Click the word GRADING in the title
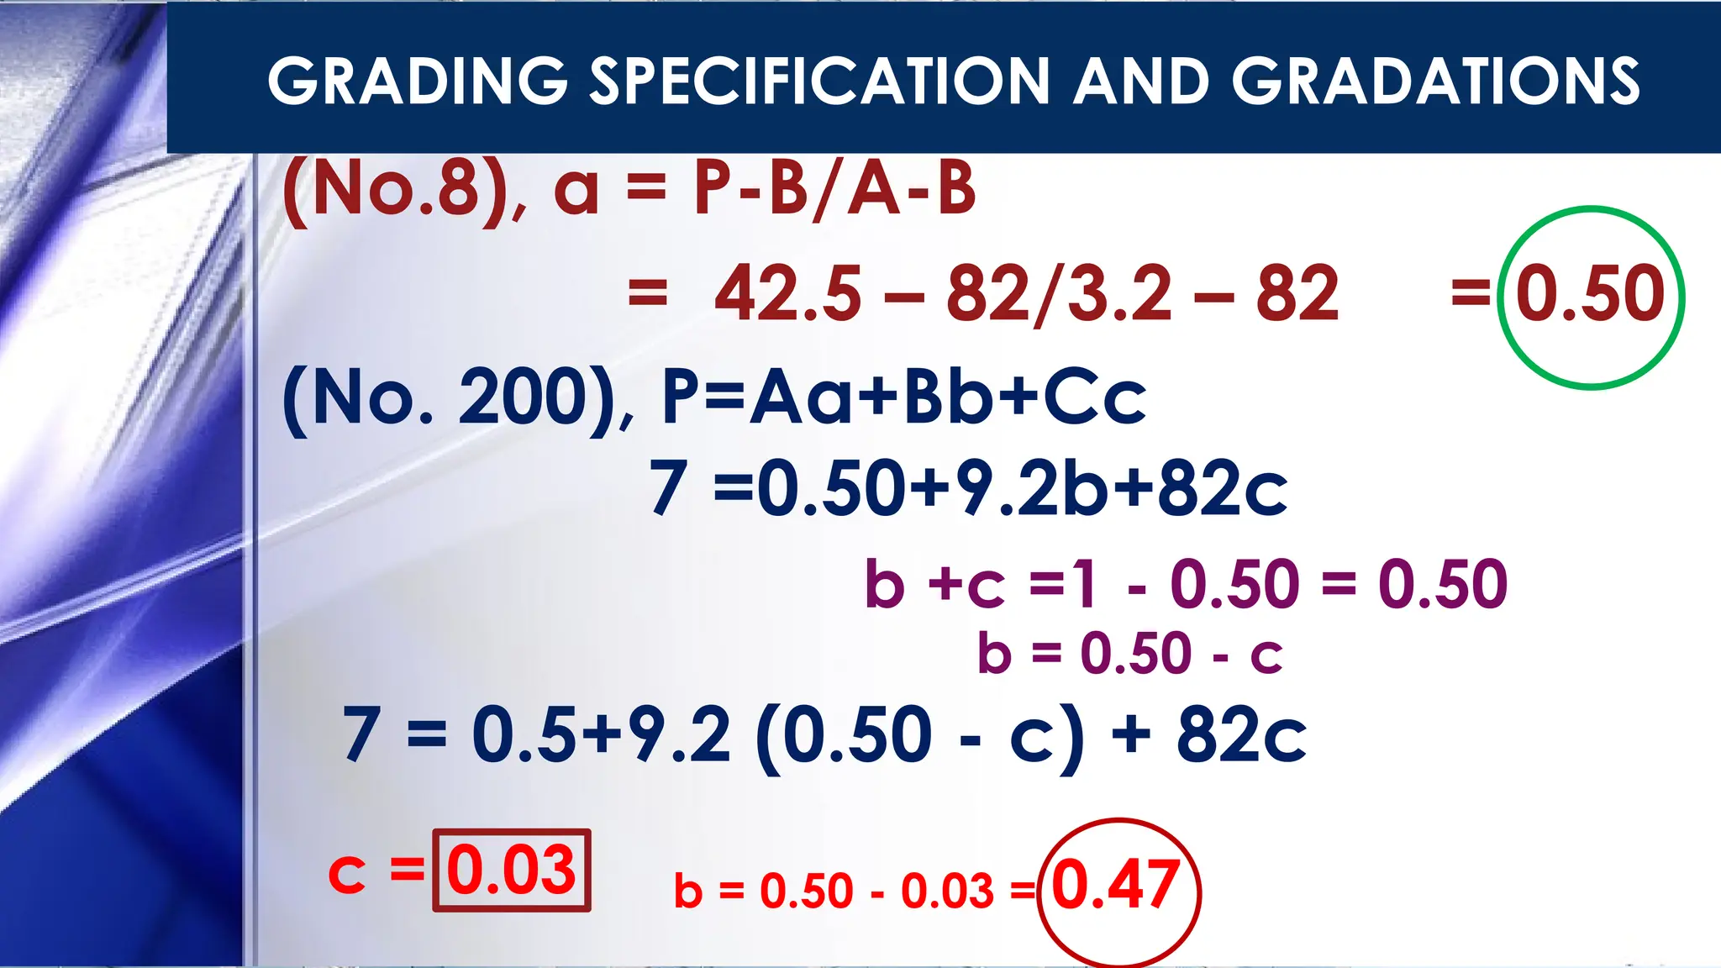(418, 82)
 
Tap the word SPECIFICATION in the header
(819, 82)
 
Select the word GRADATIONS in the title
(1435, 82)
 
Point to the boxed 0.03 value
(511, 871)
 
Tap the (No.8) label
(395, 189)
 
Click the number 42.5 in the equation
(787, 294)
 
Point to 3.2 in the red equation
(1118, 294)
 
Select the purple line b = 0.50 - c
(1129, 654)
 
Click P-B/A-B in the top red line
(834, 189)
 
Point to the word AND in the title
(1141, 82)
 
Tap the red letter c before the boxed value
(346, 874)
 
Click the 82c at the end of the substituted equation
(1240, 736)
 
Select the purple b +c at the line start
(934, 584)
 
